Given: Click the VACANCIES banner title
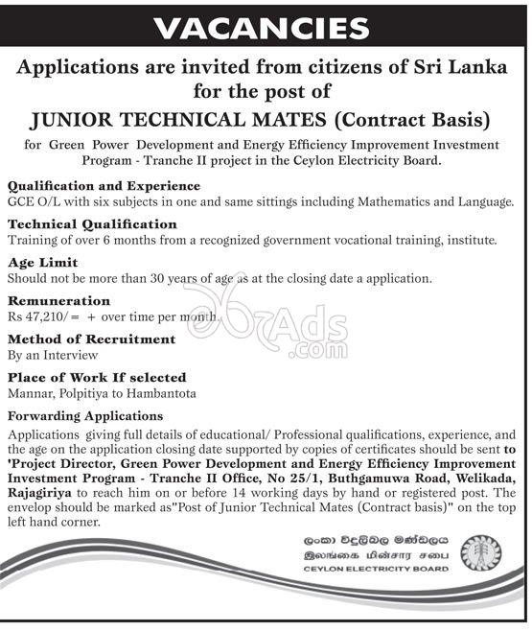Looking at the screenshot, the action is [x=266, y=29].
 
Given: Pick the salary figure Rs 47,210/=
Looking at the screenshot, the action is [x=43, y=315].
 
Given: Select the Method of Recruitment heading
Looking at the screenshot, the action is [x=91, y=339].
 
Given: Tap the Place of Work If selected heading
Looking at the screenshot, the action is [x=96, y=378].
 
